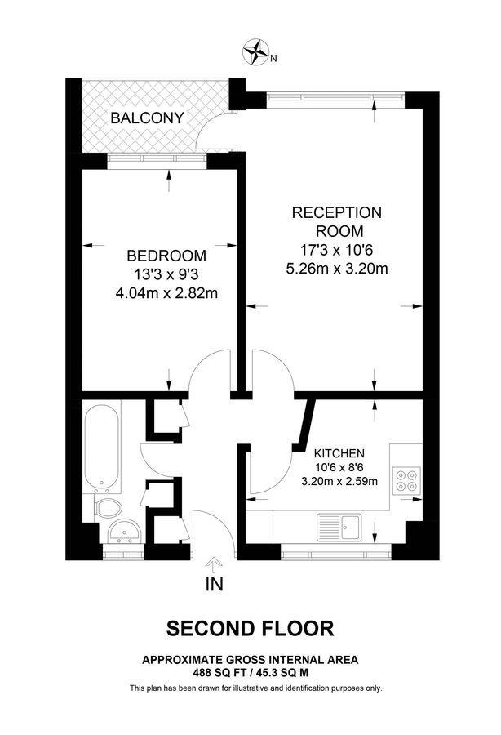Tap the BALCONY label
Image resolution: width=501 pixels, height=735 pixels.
click(147, 118)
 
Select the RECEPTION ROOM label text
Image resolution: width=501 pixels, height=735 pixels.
click(336, 221)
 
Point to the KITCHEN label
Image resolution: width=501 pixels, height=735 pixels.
click(339, 452)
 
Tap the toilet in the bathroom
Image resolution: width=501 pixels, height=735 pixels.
click(107, 508)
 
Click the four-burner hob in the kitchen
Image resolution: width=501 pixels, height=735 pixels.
click(406, 479)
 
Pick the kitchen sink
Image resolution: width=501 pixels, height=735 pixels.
click(339, 524)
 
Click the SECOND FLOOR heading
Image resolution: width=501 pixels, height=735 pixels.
click(250, 628)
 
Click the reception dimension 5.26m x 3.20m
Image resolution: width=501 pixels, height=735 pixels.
click(336, 267)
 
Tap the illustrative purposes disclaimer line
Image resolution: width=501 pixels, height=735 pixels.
click(256, 688)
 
